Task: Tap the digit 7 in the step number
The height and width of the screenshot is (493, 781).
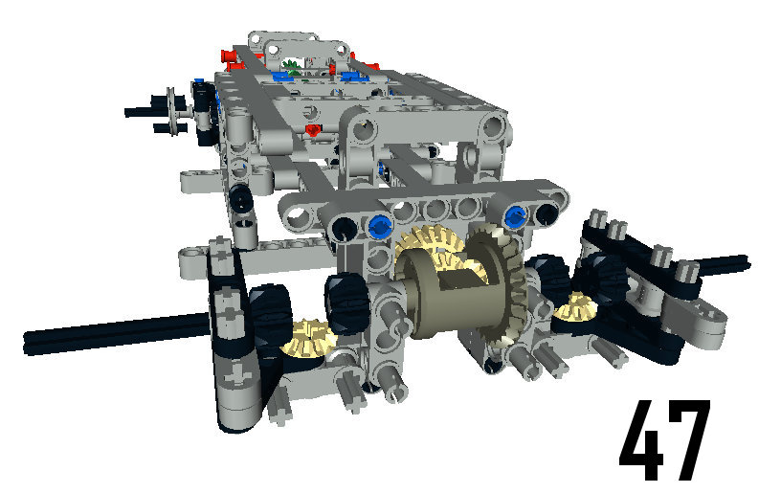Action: tap(689, 440)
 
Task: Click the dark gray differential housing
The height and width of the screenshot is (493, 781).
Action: tap(448, 294)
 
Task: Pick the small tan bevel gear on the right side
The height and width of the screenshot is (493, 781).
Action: tap(576, 306)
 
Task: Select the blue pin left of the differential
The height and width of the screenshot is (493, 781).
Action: tap(380, 227)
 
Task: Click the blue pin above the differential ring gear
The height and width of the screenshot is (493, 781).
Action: tap(516, 218)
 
